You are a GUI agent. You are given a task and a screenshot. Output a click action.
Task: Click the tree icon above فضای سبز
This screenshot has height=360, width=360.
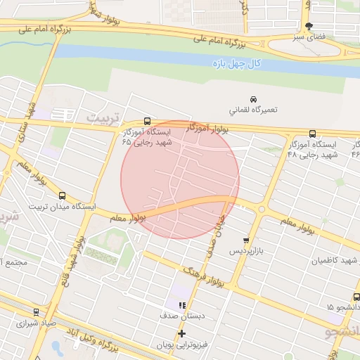pyautogui.click(x=309, y=25)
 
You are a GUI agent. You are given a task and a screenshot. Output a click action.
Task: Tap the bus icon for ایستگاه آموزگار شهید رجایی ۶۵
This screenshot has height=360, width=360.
pyautogui.click(x=146, y=120)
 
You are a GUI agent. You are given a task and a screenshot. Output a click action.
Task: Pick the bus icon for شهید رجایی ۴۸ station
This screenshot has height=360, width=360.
pyautogui.click(x=312, y=134)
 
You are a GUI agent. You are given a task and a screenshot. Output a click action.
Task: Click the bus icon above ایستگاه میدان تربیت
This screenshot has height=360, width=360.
pyautogui.click(x=63, y=195)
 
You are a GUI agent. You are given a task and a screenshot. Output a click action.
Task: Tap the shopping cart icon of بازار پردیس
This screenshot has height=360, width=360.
pyautogui.click(x=245, y=240)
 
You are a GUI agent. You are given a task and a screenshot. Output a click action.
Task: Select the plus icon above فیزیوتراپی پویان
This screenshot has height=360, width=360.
pyautogui.click(x=182, y=333)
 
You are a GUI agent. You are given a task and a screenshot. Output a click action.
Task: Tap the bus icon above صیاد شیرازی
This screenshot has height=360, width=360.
pyautogui.click(x=36, y=312)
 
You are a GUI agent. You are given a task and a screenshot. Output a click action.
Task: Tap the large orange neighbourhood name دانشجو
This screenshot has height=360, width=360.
pyautogui.click(x=342, y=330)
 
